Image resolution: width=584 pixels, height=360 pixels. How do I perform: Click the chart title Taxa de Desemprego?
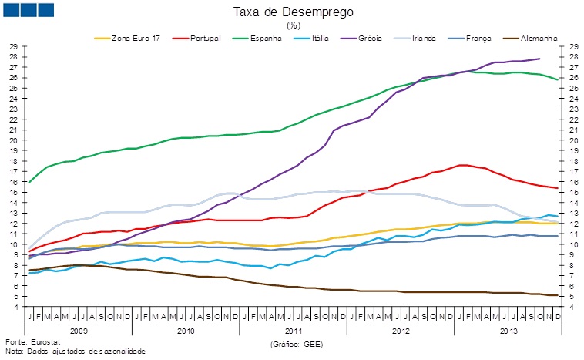(x=292, y=12)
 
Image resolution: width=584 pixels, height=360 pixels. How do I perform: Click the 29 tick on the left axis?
(x=14, y=47)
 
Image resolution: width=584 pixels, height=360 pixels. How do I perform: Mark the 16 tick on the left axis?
(x=14, y=182)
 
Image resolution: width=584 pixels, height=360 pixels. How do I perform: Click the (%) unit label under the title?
(x=293, y=25)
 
